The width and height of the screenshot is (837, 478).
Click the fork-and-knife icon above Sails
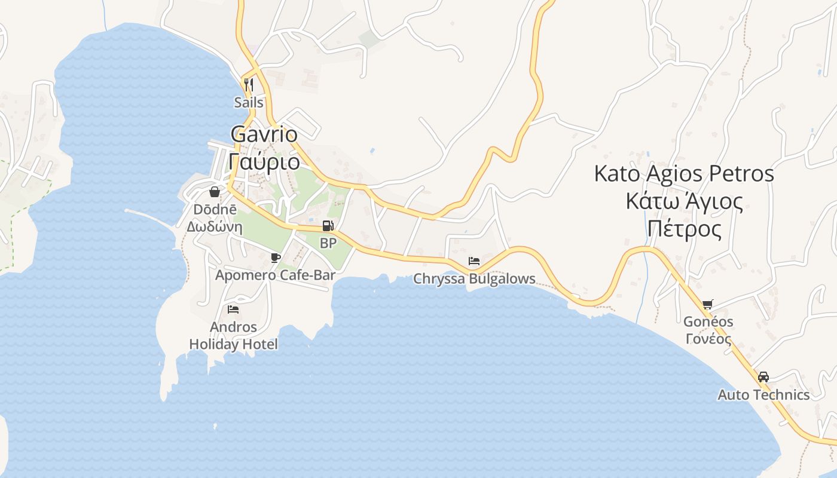tap(249, 84)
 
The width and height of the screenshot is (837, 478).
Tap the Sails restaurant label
tap(249, 102)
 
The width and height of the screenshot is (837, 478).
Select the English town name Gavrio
tap(264, 134)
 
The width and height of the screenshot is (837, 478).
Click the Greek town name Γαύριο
tap(264, 161)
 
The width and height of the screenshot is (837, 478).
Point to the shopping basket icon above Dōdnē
tap(214, 192)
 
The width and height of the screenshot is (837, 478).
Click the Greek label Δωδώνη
tap(214, 227)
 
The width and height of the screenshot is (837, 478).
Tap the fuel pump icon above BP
tap(328, 226)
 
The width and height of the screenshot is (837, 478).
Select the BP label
tap(328, 243)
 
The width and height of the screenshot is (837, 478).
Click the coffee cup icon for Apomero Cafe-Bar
tap(275, 258)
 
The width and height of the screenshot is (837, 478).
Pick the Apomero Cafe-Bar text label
tap(275, 275)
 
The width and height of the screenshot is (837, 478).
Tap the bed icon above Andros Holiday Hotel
tap(233, 309)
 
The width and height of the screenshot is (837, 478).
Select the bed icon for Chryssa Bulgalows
tap(474, 261)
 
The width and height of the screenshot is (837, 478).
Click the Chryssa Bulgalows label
tap(474, 279)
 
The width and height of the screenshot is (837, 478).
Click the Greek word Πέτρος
tap(685, 228)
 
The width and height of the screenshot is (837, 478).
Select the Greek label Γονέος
tap(708, 339)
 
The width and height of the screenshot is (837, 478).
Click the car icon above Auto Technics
tap(763, 377)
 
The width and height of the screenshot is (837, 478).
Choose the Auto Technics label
tap(763, 395)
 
